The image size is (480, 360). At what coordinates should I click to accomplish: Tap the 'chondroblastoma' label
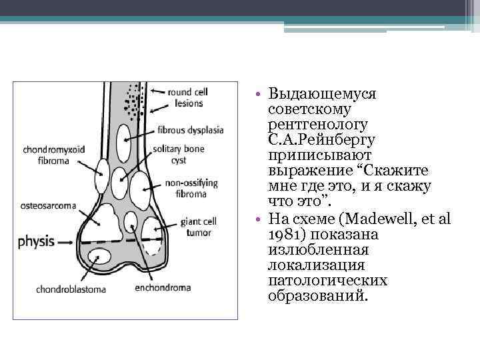click(x=52, y=289)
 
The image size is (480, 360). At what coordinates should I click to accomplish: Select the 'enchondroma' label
click(x=162, y=288)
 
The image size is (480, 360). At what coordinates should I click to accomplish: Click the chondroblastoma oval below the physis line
click(x=101, y=257)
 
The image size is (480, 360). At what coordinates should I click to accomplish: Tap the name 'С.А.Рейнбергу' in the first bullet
click(x=322, y=139)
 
